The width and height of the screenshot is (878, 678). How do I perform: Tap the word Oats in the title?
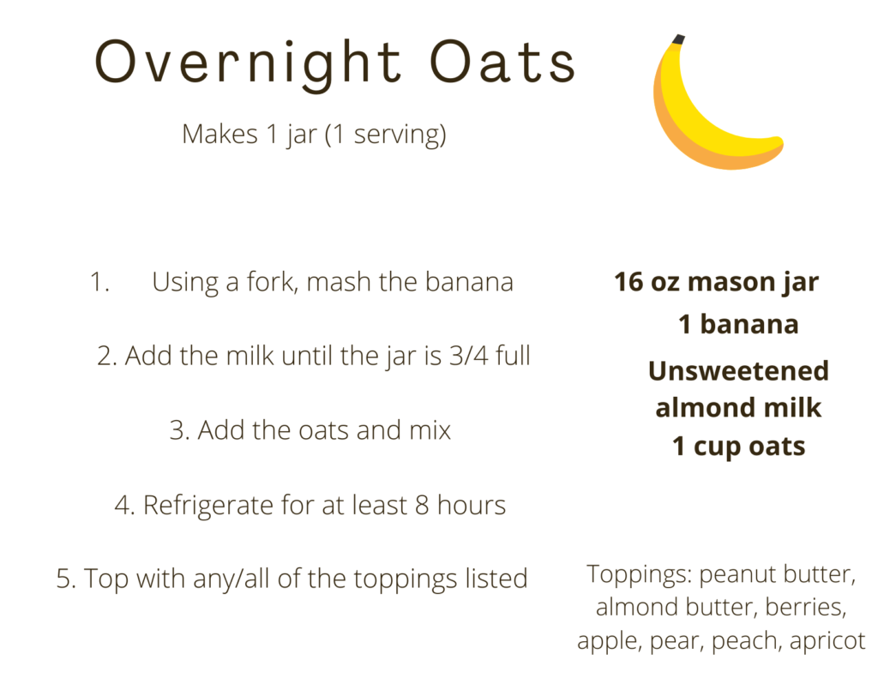pyautogui.click(x=502, y=61)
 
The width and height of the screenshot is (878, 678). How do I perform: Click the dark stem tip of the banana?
pyautogui.click(x=678, y=39)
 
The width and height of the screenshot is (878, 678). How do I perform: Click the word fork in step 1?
pyautogui.click(x=270, y=281)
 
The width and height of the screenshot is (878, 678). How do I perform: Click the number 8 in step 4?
pyautogui.click(x=422, y=505)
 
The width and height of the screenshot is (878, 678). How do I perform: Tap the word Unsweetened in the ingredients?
pyautogui.click(x=738, y=371)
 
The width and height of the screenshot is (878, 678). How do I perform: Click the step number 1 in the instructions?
pyautogui.click(x=99, y=282)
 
